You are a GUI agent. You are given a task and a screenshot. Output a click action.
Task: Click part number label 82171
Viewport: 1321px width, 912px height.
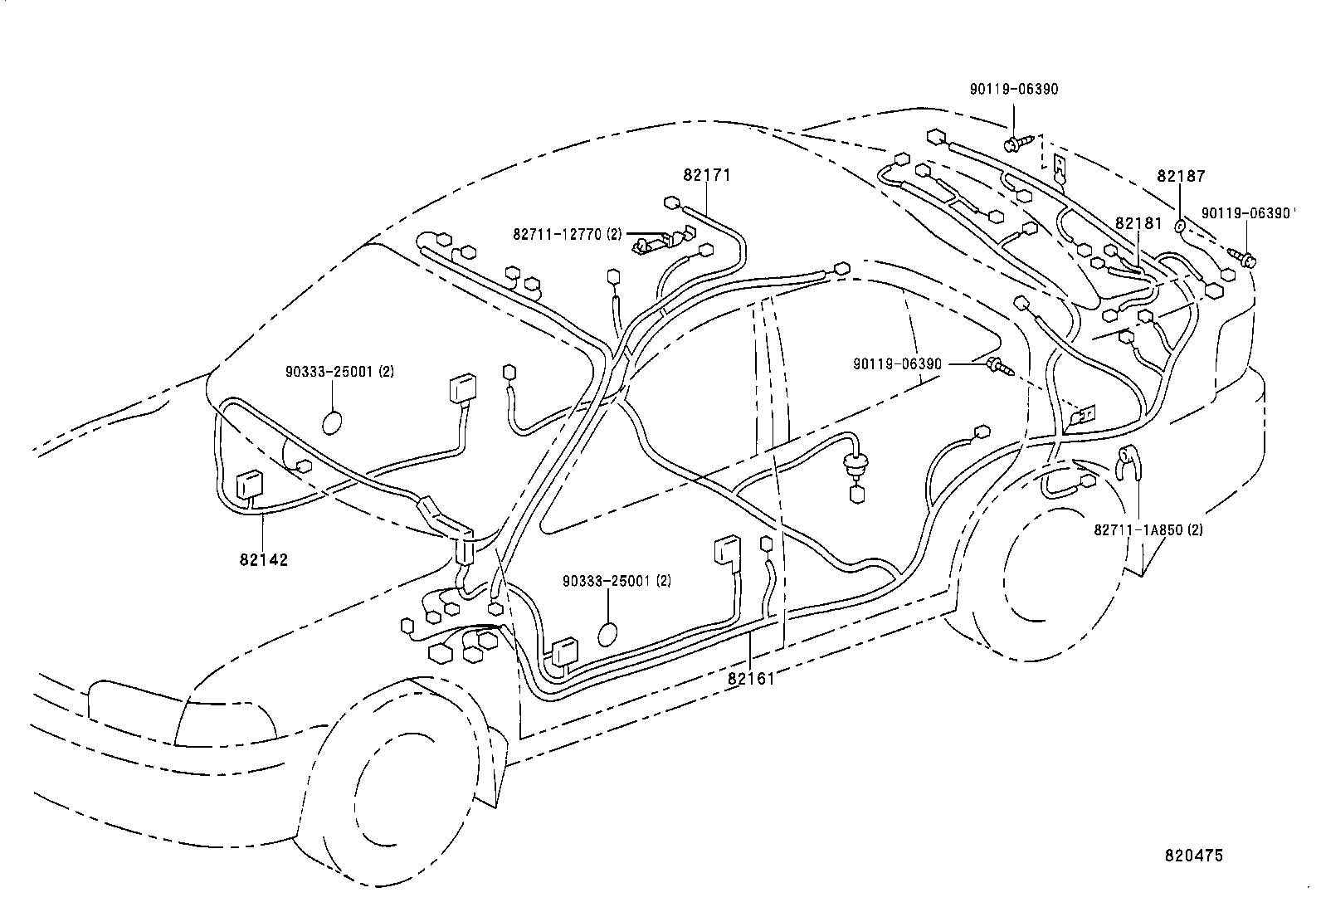(707, 176)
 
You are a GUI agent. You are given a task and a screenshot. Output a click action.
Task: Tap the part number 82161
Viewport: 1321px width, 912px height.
(751, 679)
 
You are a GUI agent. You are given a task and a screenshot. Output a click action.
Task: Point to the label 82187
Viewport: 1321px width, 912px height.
(1182, 177)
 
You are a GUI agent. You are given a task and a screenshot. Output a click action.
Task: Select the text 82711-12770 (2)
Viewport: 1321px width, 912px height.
(567, 235)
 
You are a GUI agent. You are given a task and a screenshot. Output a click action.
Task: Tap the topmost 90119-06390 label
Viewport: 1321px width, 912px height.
(1014, 90)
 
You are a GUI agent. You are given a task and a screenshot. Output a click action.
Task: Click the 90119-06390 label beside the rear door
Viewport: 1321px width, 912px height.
(897, 363)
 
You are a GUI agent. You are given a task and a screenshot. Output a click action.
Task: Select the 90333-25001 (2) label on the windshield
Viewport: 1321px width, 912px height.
(336, 372)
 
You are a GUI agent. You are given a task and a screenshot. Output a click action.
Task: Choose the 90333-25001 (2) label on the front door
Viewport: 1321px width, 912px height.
(617, 581)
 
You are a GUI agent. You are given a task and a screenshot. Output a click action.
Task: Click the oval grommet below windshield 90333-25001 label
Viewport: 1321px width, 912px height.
(332, 422)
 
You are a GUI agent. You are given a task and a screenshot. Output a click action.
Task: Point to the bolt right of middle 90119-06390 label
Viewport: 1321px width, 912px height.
(997, 364)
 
